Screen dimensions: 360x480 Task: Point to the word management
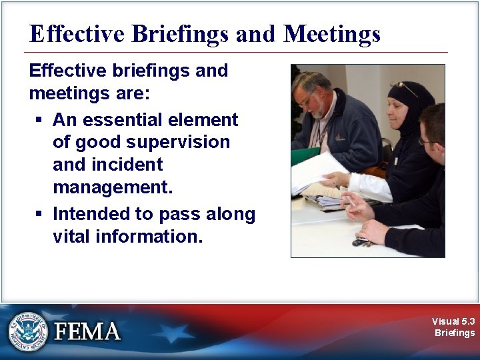pyautogui.click(x=113, y=188)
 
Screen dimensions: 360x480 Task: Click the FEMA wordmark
pyautogui.click(x=87, y=331)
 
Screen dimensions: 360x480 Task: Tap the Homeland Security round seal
pyautogui.click(x=29, y=331)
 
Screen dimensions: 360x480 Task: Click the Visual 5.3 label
pyautogui.click(x=453, y=321)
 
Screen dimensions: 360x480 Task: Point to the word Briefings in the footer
pyautogui.click(x=455, y=333)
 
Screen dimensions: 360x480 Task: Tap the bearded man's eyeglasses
pyautogui.click(x=306, y=101)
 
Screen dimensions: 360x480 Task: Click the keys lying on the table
pyautogui.click(x=363, y=242)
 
